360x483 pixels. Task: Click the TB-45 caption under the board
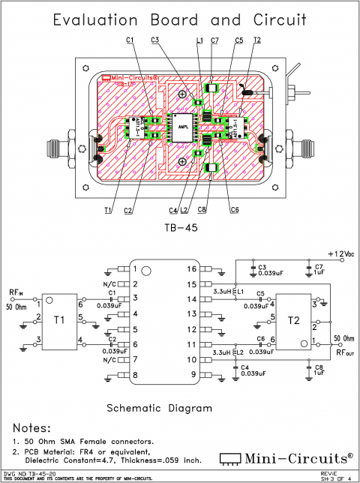pos(180,227)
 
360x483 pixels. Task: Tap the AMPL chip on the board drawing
pos(181,127)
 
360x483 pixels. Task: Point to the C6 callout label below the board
pos(235,209)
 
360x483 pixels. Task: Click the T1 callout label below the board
pos(108,209)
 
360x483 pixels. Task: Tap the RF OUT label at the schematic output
pos(344,351)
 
